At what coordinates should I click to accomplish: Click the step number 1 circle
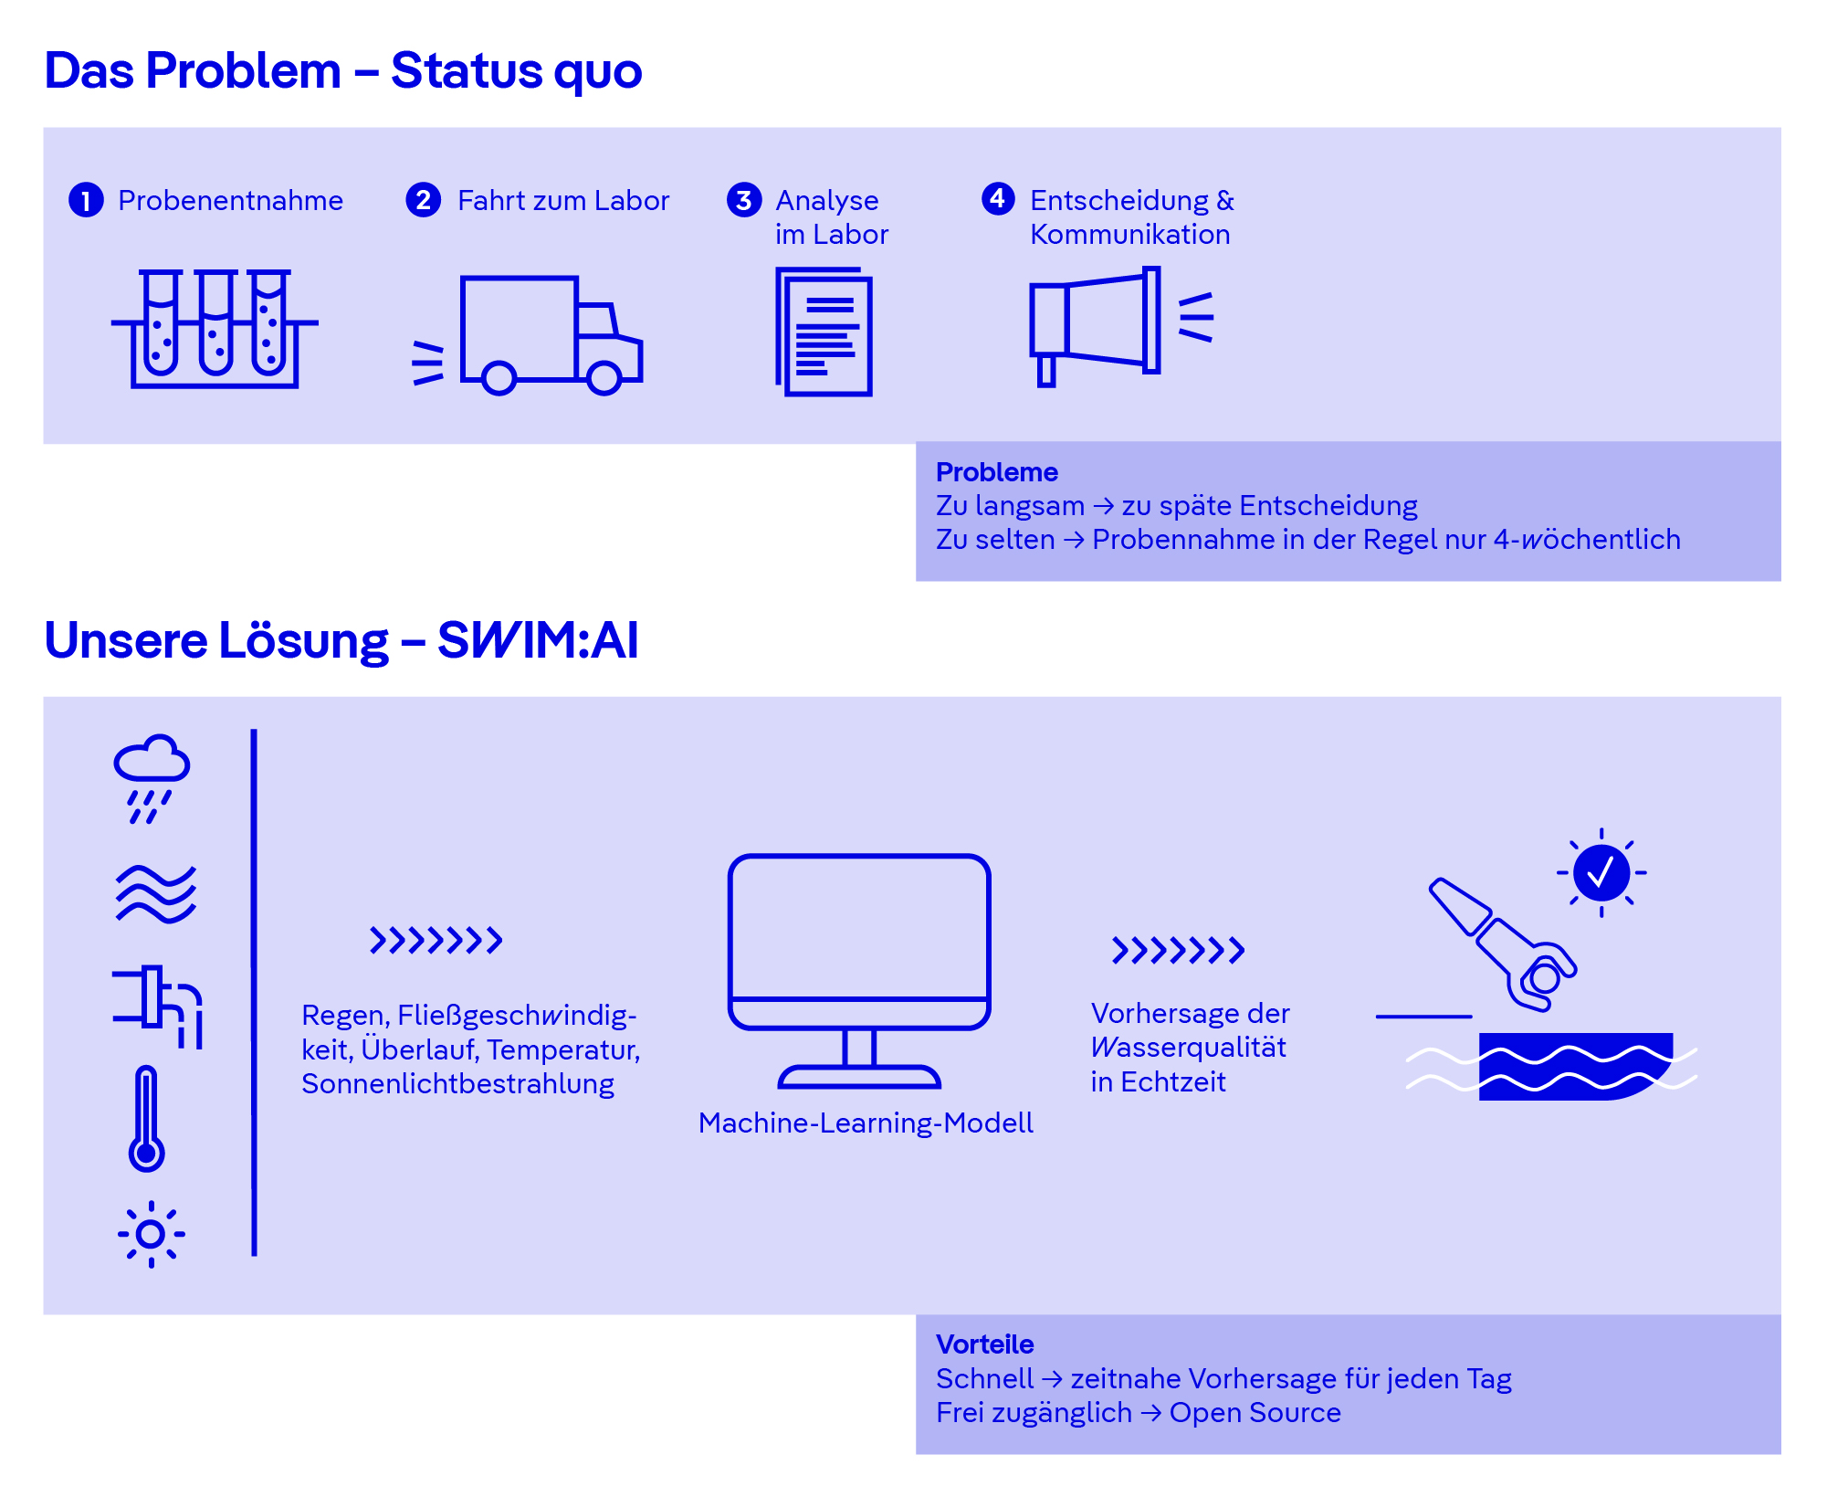86,200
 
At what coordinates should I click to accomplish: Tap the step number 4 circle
998,198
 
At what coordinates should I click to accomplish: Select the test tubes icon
215,329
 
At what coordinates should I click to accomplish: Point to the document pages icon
824,332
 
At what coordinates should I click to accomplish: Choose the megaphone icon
1121,326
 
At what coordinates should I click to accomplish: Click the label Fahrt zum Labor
563,200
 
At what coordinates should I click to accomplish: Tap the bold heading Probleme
997,472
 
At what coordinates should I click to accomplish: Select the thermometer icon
146,1119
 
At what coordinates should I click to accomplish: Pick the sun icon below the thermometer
151,1234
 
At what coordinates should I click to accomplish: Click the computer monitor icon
859,971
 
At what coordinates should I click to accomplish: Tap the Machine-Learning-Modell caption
866,1123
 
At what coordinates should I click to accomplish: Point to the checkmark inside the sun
1601,872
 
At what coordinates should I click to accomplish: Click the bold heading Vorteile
985,1344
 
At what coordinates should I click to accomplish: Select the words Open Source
1255,1412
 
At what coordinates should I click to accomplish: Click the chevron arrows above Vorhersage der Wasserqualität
1178,950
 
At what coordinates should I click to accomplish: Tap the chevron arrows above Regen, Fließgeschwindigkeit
436,940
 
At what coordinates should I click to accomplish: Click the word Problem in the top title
243,70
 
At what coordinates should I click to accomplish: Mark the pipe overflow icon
157,1007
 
